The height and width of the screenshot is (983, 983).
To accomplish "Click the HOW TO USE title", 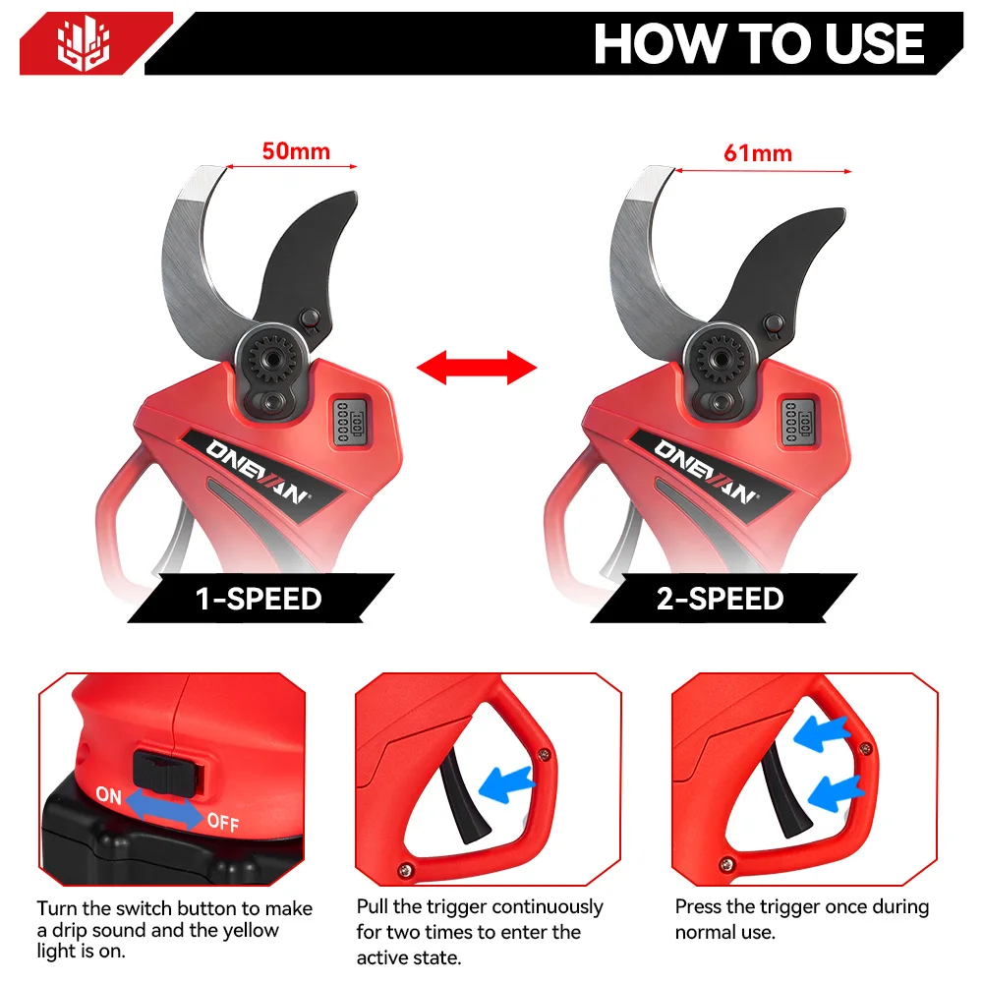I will (x=759, y=43).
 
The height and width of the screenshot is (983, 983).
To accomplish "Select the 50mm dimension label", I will (x=295, y=151).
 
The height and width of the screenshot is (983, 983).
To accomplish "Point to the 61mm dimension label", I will (x=757, y=152).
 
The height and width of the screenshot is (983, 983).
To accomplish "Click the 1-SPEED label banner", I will (x=260, y=599).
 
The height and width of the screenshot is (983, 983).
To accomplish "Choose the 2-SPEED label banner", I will (x=721, y=599).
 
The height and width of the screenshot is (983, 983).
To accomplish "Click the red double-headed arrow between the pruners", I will (x=477, y=370).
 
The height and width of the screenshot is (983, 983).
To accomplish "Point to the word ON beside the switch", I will (x=109, y=794).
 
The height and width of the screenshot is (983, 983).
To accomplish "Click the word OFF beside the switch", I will (x=222, y=822).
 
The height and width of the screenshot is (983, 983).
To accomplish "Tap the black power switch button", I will (x=167, y=771).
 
